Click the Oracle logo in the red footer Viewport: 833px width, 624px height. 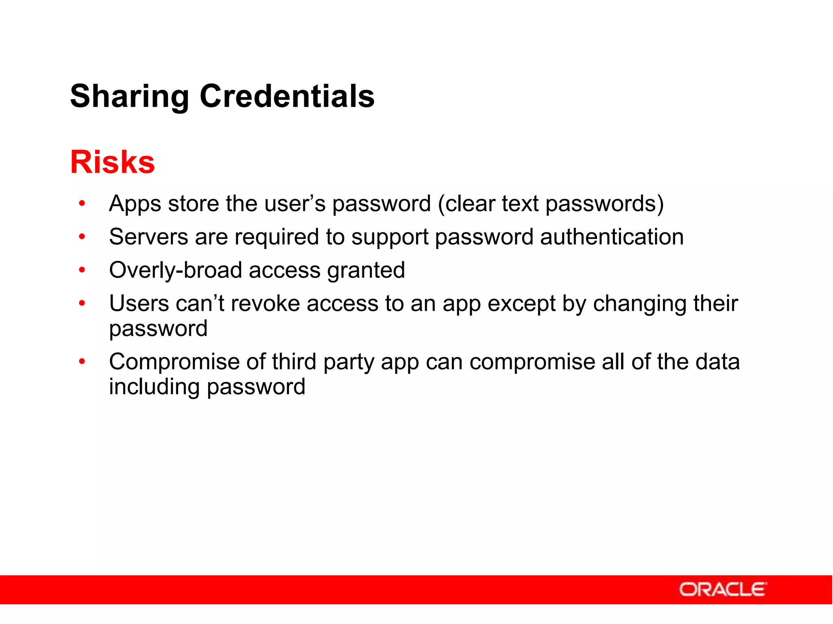point(723,589)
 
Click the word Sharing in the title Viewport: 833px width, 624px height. point(129,97)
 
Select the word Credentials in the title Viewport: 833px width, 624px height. point(287,96)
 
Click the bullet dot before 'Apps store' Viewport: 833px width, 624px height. point(82,203)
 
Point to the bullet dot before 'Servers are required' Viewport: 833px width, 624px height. point(82,236)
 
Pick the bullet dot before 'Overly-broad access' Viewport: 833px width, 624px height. point(82,270)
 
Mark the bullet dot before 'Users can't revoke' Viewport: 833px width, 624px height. point(82,303)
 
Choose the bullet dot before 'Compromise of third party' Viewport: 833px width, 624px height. point(82,361)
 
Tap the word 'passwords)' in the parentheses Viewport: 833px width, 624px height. point(604,204)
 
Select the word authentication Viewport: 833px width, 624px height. point(612,237)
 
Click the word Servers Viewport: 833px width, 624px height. point(148,237)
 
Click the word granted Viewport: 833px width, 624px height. point(366,271)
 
